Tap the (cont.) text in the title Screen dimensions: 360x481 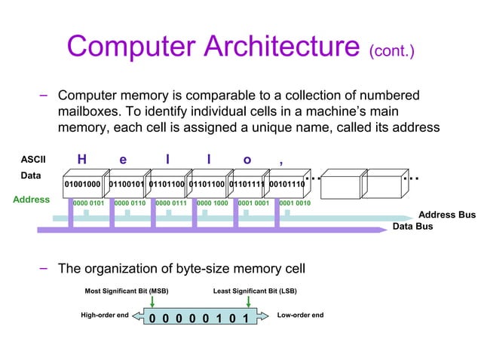[x=391, y=51]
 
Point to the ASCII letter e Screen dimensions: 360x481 [x=123, y=160]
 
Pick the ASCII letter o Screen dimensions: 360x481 [x=247, y=160]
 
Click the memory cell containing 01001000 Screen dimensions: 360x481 [x=81, y=183]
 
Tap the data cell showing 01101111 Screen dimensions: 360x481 [x=247, y=183]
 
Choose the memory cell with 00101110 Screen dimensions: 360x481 [x=286, y=183]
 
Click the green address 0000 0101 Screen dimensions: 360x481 [x=88, y=203]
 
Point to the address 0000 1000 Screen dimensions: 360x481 [x=212, y=203]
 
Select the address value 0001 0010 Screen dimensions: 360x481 [x=295, y=203]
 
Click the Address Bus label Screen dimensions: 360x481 [x=446, y=215]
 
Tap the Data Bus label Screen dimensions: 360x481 [x=412, y=226]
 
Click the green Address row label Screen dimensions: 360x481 [x=31, y=200]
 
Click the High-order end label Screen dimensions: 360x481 [x=104, y=315]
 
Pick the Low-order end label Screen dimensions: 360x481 [x=301, y=315]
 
